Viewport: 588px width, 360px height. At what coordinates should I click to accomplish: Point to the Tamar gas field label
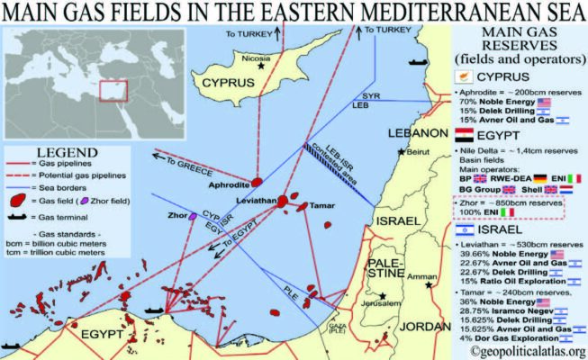click(322, 206)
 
